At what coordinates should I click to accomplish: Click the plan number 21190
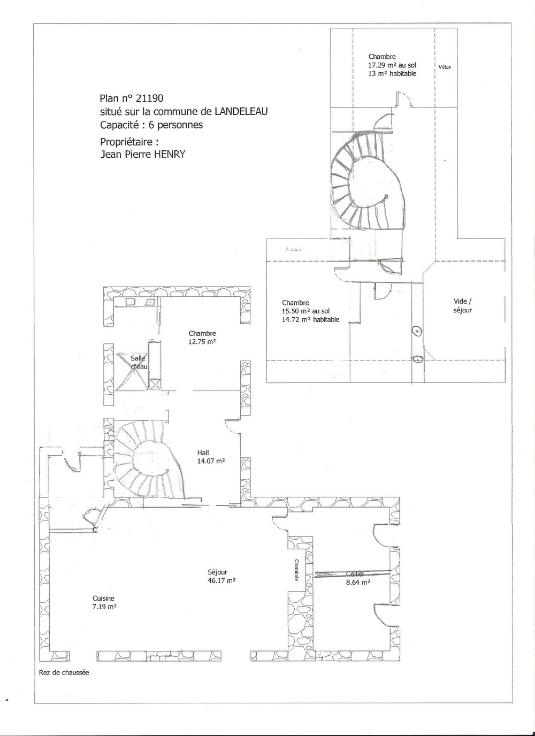(x=150, y=98)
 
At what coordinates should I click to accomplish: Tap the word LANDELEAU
(x=241, y=111)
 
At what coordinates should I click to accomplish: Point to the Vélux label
(x=445, y=67)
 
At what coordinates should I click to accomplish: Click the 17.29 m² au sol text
(x=392, y=65)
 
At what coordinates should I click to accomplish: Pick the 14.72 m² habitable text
(x=310, y=319)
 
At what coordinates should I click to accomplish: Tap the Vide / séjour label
(x=462, y=305)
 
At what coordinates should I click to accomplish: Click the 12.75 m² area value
(x=202, y=341)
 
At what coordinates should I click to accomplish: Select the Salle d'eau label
(x=139, y=363)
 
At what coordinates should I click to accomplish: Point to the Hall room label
(x=203, y=453)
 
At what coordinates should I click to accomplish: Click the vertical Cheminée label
(x=296, y=570)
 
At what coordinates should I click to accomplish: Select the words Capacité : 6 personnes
(x=151, y=125)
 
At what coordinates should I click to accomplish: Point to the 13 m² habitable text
(x=392, y=74)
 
